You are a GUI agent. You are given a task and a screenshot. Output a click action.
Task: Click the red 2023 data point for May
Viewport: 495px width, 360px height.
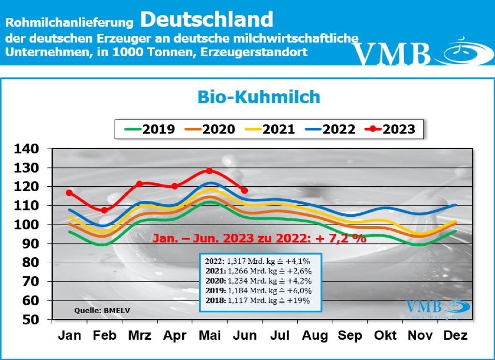point(209,171)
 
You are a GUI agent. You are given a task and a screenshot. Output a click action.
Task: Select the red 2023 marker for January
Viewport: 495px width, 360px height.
point(69,193)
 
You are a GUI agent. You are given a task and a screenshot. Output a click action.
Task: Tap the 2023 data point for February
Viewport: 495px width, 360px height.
point(104,210)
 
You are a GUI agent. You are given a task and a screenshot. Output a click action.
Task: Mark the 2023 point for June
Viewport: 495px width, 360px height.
point(244,190)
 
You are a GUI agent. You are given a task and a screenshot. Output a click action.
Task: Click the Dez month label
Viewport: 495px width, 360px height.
point(454,335)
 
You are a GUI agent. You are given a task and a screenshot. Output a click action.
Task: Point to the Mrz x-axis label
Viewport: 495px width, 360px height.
point(139,335)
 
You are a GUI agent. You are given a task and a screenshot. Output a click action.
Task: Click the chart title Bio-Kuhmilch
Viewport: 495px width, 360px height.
point(259,97)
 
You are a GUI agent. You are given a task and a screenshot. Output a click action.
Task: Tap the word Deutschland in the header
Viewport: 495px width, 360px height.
point(207,19)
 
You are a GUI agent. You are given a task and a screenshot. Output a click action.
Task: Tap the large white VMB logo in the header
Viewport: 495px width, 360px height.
point(392,53)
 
